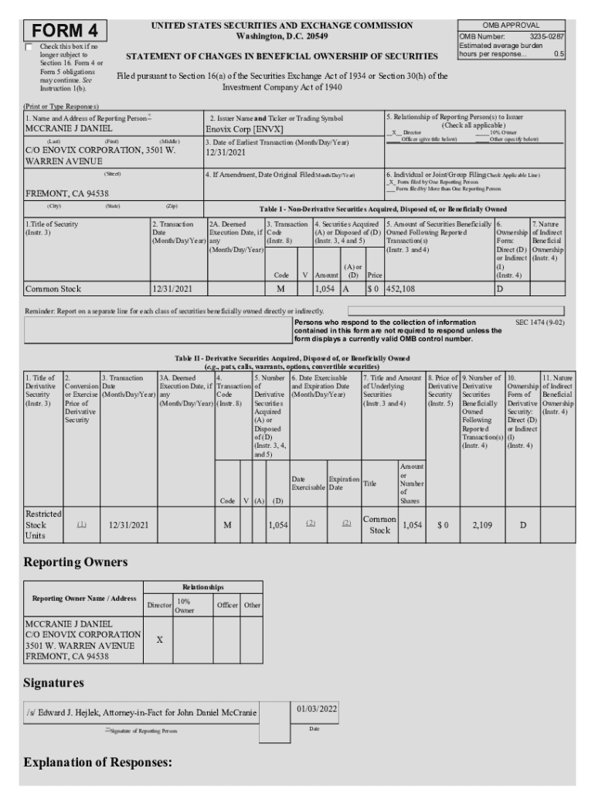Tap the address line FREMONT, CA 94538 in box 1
[67, 193]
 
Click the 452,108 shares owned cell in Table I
[403, 288]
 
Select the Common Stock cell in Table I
[53, 288]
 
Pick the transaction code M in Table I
[280, 288]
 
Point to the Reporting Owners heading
[75, 562]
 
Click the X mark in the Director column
[158, 640]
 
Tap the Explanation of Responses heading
[97, 763]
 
